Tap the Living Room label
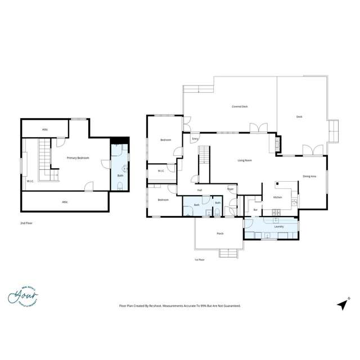pyautogui.click(x=244, y=160)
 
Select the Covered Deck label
pyautogui.click(x=240, y=106)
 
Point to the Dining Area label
pyautogui.click(x=309, y=177)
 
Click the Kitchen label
pyautogui.click(x=277, y=197)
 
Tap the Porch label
pyautogui.click(x=219, y=233)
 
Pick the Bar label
pyautogui.click(x=255, y=209)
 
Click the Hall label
pyautogui.click(x=200, y=190)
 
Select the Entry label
pyautogui.click(x=195, y=138)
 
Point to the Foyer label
pyautogui.click(x=230, y=190)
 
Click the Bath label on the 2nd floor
pyautogui.click(x=120, y=175)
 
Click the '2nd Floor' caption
pyautogui.click(x=26, y=223)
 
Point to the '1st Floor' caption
pyautogui.click(x=199, y=260)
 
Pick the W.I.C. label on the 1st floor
pyautogui.click(x=160, y=171)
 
